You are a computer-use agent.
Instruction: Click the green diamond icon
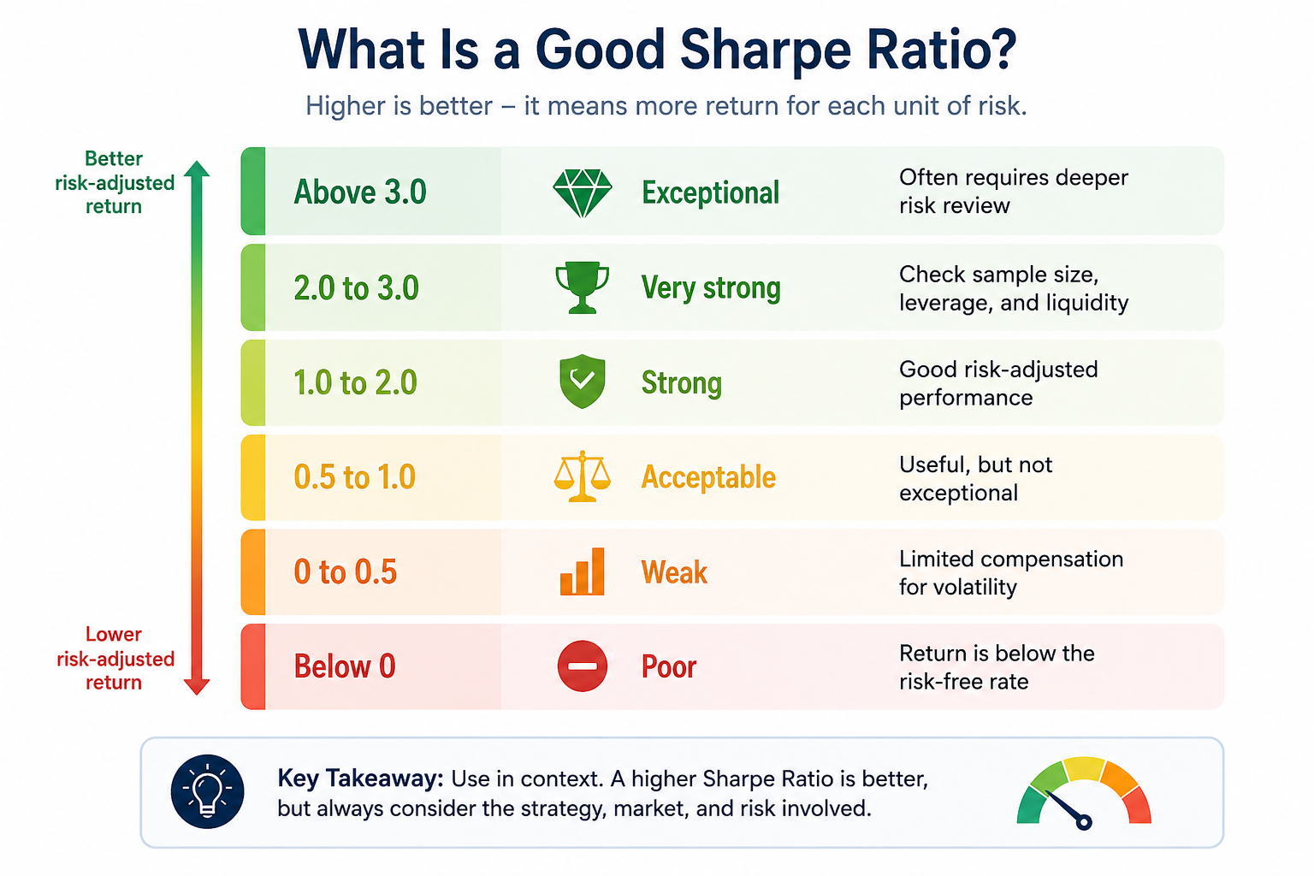(582, 193)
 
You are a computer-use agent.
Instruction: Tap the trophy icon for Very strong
(582, 287)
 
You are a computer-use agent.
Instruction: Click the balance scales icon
(582, 476)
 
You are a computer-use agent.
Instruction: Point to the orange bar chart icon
(582, 571)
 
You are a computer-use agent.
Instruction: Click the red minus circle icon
(582, 666)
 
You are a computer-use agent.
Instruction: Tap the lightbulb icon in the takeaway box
(207, 791)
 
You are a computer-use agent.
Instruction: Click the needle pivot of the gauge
(1084, 823)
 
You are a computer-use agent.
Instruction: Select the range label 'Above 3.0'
(359, 192)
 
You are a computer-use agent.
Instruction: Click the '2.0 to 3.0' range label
(356, 288)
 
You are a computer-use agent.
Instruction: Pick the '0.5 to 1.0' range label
(354, 476)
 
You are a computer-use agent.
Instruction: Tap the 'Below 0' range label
(345, 666)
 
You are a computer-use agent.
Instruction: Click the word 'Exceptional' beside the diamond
(710, 192)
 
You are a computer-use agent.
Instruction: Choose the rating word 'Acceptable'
(708, 476)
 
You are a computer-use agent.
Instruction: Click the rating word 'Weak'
(674, 572)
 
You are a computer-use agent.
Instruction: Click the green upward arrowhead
(197, 169)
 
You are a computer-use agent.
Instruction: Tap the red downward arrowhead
(197, 687)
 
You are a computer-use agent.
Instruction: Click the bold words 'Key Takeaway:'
(360, 779)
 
